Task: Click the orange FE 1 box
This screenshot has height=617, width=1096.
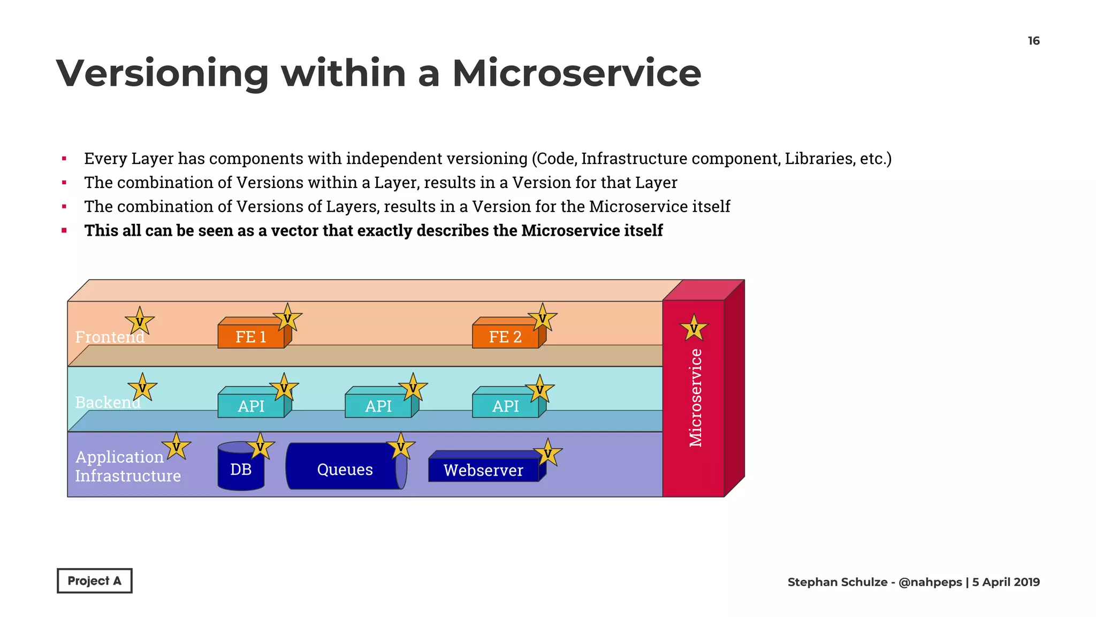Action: pyautogui.click(x=251, y=337)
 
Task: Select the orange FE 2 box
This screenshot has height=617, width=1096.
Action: pyautogui.click(x=505, y=337)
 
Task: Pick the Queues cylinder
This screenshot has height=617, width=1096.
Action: pyautogui.click(x=345, y=470)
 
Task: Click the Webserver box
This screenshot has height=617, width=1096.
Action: pyautogui.click(x=483, y=470)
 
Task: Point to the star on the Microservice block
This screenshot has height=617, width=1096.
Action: pyautogui.click(x=694, y=328)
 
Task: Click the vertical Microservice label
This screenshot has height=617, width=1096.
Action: pyautogui.click(x=695, y=398)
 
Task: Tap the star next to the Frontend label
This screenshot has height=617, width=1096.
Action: pyautogui.click(x=140, y=322)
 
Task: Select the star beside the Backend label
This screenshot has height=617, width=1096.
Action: pyautogui.click(x=142, y=388)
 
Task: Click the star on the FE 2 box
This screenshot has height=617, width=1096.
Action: pyautogui.click(x=542, y=318)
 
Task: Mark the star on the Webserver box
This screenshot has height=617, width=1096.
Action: pyautogui.click(x=547, y=454)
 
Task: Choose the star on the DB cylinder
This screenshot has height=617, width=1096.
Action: pyautogui.click(x=260, y=447)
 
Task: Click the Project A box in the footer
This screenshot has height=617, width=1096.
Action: pyautogui.click(x=95, y=581)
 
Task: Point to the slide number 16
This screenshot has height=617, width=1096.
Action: pyautogui.click(x=1033, y=41)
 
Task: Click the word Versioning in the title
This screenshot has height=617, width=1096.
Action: pyautogui.click(x=162, y=73)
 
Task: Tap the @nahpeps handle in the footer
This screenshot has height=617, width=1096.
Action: pyautogui.click(x=930, y=582)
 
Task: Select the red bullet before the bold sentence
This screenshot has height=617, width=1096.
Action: pyautogui.click(x=64, y=231)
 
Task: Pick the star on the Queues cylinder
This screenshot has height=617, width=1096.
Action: pyautogui.click(x=400, y=447)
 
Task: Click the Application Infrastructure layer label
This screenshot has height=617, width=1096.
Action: pyautogui.click(x=128, y=466)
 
